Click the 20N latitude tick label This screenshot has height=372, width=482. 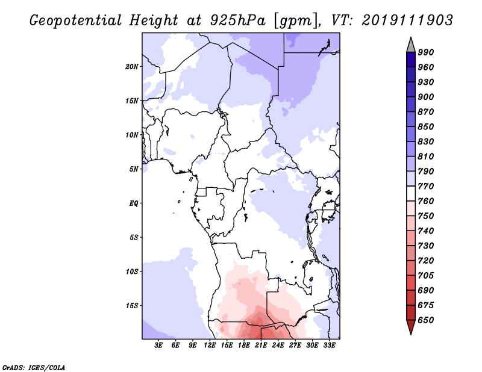[x=132, y=67]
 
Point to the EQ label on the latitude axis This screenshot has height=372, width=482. [x=133, y=203]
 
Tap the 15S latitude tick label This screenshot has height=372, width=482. [x=132, y=306]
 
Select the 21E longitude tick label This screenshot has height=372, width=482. [x=261, y=346]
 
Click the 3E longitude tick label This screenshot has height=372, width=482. [x=158, y=346]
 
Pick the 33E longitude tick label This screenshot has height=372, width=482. [x=329, y=346]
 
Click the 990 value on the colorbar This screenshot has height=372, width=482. [x=426, y=52]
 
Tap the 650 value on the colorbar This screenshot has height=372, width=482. [x=426, y=320]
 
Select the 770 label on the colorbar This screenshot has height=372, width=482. [x=426, y=186]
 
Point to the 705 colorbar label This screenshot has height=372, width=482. [x=426, y=276]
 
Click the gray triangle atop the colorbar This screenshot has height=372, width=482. [x=411, y=46]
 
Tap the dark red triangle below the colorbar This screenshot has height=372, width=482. [x=411, y=327]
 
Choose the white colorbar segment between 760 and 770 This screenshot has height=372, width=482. [x=411, y=194]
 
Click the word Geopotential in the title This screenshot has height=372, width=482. [x=75, y=20]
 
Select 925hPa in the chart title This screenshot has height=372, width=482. [x=237, y=20]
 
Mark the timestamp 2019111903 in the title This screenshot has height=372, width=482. [x=407, y=20]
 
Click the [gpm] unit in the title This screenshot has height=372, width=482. [x=296, y=21]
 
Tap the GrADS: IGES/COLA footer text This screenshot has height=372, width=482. [x=34, y=368]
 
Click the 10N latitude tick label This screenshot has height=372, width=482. [x=132, y=135]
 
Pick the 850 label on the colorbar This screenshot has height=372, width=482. [x=426, y=126]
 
